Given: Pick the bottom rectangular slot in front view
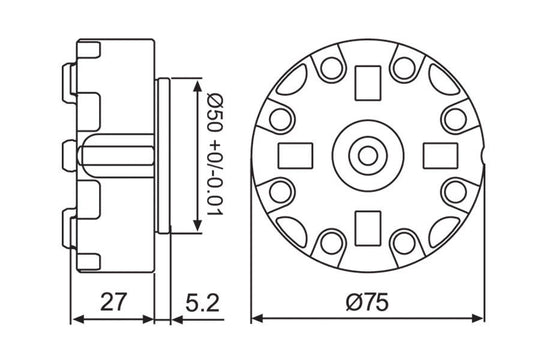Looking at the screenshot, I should [x=366, y=224].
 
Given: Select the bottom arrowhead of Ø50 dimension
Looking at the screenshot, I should [x=194, y=226].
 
